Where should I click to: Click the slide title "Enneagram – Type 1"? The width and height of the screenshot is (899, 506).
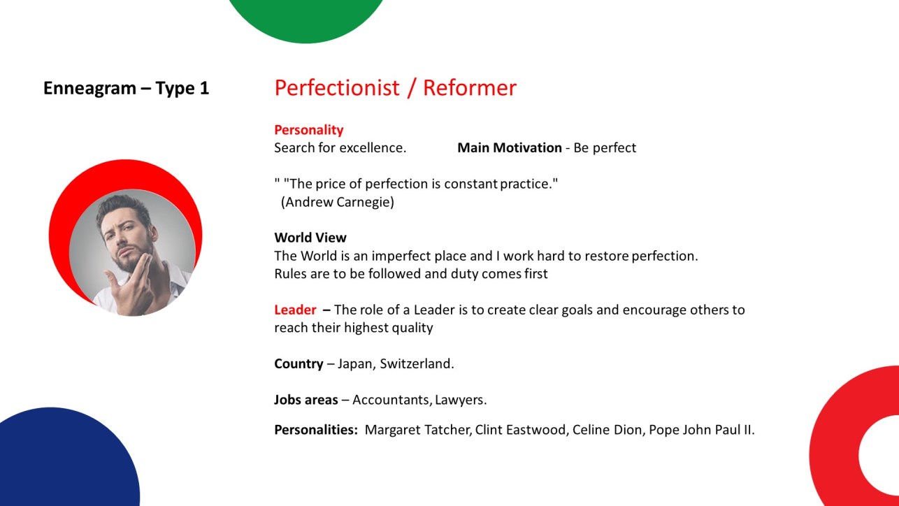(126, 88)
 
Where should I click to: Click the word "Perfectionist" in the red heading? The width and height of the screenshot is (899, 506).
(337, 88)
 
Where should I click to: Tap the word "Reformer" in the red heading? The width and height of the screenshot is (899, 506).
(470, 88)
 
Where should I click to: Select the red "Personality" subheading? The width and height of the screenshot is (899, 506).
(308, 130)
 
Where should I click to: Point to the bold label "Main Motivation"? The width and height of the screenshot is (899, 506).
(510, 147)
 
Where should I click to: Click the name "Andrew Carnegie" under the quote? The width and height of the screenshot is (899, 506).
(337, 202)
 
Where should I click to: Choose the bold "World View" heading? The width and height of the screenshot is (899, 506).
(310, 238)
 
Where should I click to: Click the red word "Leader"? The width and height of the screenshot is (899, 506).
(295, 310)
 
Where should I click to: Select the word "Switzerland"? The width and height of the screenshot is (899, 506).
(415, 363)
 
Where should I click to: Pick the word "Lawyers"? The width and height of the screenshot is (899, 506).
(459, 400)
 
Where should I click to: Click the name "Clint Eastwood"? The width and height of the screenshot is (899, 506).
(520, 430)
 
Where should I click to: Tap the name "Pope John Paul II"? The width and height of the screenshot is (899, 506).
(700, 430)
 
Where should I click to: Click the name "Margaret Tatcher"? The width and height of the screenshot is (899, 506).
(417, 430)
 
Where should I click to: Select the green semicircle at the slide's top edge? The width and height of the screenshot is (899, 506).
(305, 18)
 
